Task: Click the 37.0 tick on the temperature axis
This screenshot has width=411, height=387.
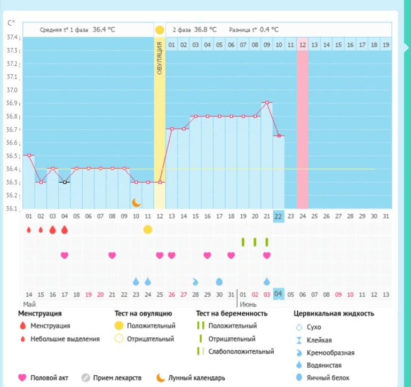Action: coord(11,90)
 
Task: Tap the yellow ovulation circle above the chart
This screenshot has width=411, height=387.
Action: coord(160,30)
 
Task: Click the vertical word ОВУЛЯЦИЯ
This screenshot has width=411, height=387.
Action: coord(160,59)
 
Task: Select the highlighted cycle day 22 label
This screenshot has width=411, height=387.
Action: coord(278,216)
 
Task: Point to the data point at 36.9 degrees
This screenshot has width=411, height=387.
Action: coord(266,102)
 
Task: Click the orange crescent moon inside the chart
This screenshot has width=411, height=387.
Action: coord(136,202)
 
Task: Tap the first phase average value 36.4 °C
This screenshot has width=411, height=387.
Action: coord(104,30)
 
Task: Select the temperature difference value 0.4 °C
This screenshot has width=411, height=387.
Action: coord(268,30)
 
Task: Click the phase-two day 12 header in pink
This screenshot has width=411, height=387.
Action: coord(302,44)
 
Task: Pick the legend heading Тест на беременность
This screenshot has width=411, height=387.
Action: coord(232,313)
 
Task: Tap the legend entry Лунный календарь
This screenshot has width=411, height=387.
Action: coord(196,378)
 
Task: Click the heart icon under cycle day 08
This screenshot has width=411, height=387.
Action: coord(112,256)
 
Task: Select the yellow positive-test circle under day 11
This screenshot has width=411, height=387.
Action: coord(148,229)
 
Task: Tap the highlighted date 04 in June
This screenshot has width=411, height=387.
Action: coord(278,294)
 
